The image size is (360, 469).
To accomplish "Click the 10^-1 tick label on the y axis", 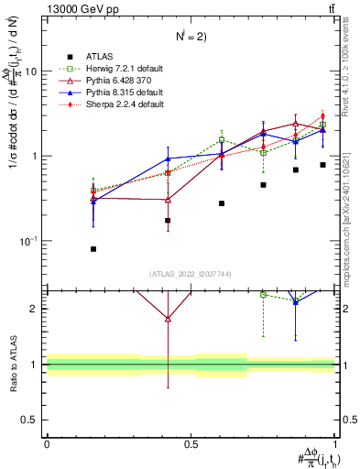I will click(30, 241).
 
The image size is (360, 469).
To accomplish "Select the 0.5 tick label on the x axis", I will click(191, 444).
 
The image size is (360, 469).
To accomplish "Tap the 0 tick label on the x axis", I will click(47, 444).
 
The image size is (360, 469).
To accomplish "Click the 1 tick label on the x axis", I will click(334, 444).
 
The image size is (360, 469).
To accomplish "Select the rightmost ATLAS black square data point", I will click(322, 165).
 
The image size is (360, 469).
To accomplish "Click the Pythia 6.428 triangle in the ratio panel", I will click(168, 319).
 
